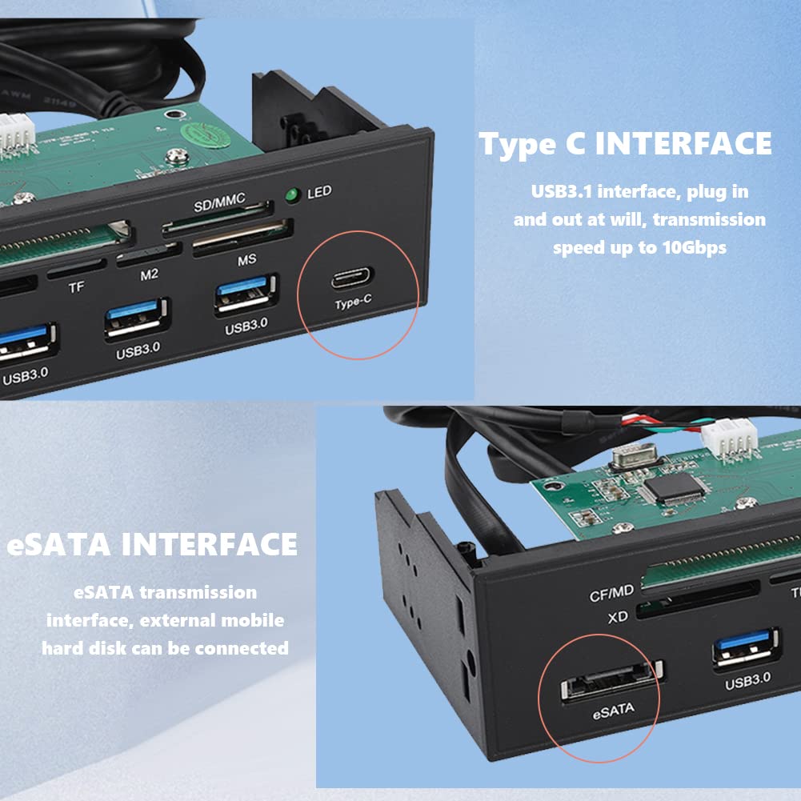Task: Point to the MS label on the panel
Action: (246, 261)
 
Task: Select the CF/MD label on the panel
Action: (611, 593)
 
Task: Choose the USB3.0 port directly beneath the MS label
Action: (246, 295)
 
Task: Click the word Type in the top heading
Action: (515, 145)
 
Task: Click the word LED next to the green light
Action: (318, 193)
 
